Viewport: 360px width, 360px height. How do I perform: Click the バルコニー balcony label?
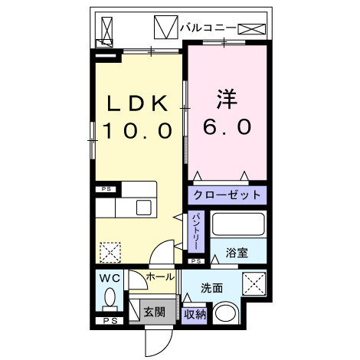pyautogui.click(x=208, y=28)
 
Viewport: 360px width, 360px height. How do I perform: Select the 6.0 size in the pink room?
pyautogui.click(x=227, y=127)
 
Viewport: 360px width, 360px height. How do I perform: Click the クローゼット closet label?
pyautogui.click(x=227, y=195)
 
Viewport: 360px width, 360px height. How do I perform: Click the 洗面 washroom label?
pyautogui.click(x=212, y=288)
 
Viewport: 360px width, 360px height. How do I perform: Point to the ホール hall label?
pyautogui.click(x=160, y=276)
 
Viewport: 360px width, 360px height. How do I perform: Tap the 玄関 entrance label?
pyautogui.click(x=154, y=312)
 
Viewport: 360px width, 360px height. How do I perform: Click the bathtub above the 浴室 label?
pyautogui.click(x=239, y=225)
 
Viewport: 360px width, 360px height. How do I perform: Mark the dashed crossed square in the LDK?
pyautogui.click(x=111, y=250)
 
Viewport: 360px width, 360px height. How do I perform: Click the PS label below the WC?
pyautogui.click(x=109, y=320)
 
